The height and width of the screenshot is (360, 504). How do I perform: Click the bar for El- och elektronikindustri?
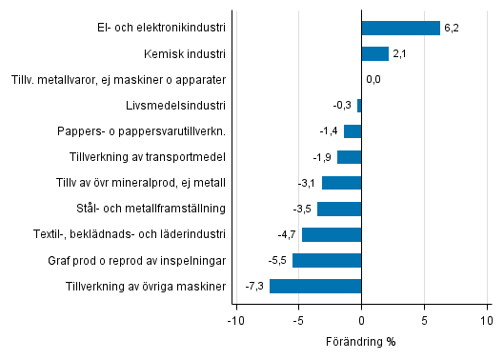[x=400, y=28]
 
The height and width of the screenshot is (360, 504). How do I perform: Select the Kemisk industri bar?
[x=374, y=53]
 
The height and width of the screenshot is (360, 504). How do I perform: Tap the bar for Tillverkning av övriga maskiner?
[x=315, y=286]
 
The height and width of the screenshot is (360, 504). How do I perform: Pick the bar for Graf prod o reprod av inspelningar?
[x=327, y=260]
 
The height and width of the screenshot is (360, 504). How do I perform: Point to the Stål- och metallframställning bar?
[x=339, y=209]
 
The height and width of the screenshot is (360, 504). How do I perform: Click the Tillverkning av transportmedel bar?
[x=350, y=157]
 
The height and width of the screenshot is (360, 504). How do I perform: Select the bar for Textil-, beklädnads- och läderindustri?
[x=332, y=234]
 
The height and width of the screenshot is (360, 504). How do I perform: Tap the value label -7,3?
[x=254, y=286]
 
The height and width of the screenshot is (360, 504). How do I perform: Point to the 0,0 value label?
[x=373, y=79]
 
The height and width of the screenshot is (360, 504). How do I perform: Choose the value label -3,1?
[x=307, y=183]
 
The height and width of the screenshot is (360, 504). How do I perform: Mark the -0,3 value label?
[x=342, y=105]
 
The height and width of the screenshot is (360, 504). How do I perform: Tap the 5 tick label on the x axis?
[x=425, y=321]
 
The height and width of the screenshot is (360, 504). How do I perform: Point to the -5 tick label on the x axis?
[x=297, y=321]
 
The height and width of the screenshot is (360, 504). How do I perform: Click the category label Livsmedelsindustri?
[x=175, y=105]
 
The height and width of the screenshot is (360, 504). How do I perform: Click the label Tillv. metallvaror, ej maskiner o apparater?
[x=119, y=79]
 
